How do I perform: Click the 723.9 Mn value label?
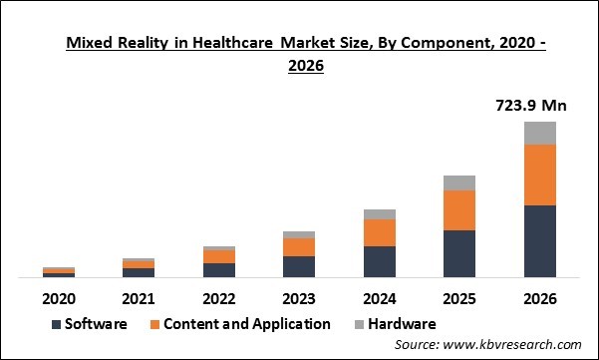[x=539, y=104]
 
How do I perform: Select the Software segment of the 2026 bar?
[x=539, y=241]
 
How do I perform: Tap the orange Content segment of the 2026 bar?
[x=539, y=176]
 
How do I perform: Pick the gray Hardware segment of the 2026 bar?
[x=539, y=133]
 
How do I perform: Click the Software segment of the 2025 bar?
[x=459, y=253]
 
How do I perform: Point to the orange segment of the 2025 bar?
[x=459, y=210]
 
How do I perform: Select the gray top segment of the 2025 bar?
[x=459, y=182]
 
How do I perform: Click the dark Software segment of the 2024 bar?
[x=380, y=261]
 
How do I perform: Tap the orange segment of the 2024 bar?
[x=380, y=232]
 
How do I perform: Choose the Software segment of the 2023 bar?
[x=299, y=266]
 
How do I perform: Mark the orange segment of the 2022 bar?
[x=219, y=256]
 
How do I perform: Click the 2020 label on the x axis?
[x=59, y=298]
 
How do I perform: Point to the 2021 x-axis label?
[x=139, y=298]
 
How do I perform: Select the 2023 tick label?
[x=299, y=298]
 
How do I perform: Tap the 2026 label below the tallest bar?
[x=539, y=298]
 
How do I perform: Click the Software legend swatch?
[x=56, y=324]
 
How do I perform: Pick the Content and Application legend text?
[x=247, y=324]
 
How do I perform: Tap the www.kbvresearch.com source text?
[x=509, y=345]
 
